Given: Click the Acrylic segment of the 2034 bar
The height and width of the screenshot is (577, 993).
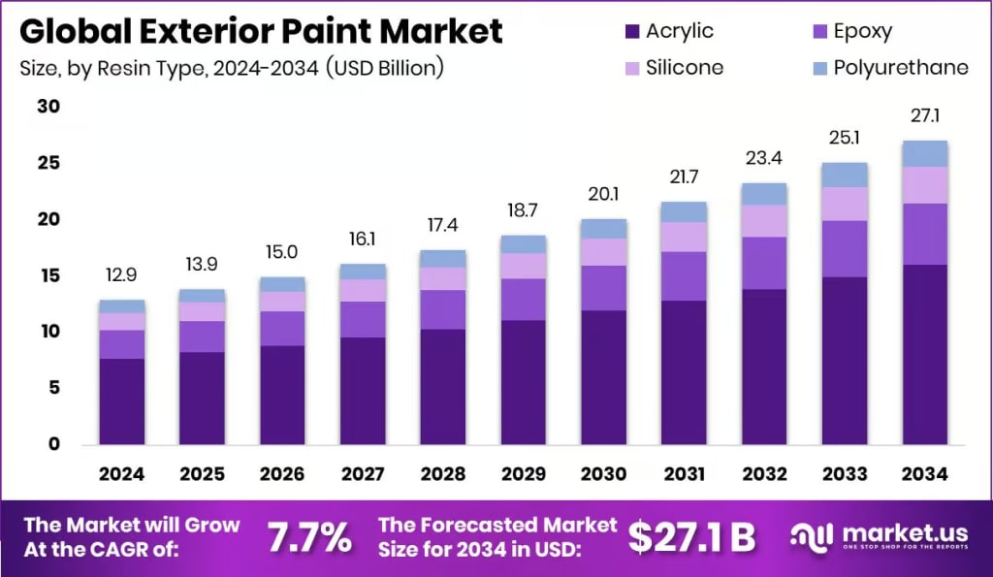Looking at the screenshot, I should point(924,354).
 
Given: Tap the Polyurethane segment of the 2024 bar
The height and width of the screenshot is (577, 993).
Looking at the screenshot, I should point(121,305).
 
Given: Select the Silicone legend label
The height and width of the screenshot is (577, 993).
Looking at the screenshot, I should point(685,67).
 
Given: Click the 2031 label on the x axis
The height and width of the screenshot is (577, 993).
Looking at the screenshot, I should point(685,474).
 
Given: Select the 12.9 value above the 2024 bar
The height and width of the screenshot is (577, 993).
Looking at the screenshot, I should point(121,276).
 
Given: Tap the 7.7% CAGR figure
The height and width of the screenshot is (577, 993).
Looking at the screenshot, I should point(309,536).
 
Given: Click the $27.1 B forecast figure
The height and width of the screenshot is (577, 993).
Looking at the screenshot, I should point(691,536).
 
